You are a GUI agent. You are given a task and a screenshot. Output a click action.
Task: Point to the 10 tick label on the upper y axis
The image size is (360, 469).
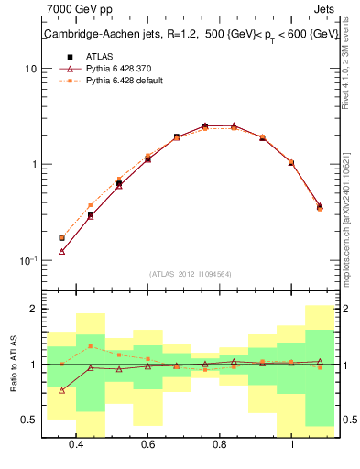pos(31,69)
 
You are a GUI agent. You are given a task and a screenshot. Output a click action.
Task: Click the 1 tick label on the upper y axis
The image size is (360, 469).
pos(34,165)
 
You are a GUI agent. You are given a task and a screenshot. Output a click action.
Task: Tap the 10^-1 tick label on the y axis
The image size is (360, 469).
pos(28,260)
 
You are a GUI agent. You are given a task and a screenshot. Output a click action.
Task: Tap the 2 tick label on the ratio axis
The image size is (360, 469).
pos(34,309)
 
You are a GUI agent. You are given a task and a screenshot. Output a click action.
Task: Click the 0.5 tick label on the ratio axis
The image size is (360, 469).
pos(30,420)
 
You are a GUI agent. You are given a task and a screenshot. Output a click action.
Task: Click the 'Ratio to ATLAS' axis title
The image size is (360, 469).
pos(12,365)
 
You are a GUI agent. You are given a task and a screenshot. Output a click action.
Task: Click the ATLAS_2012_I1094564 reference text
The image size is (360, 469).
pos(191,273)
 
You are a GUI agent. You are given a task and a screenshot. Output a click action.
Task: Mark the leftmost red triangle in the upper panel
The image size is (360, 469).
pos(62,251)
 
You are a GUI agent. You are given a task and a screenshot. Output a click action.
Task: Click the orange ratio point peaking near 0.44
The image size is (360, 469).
pos(91,346)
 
